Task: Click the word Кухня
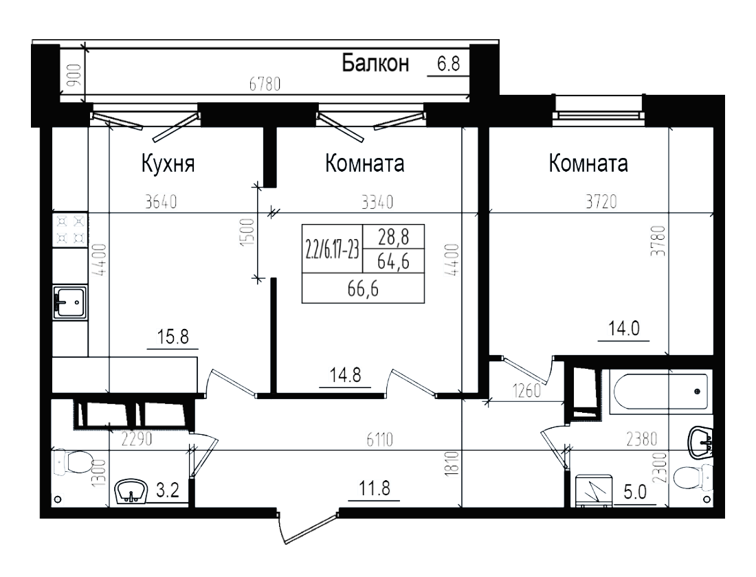click(x=168, y=165)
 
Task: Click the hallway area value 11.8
click(x=373, y=490)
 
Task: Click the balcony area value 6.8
click(x=447, y=64)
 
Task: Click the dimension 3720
click(x=602, y=202)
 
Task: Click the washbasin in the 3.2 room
click(x=132, y=490)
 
